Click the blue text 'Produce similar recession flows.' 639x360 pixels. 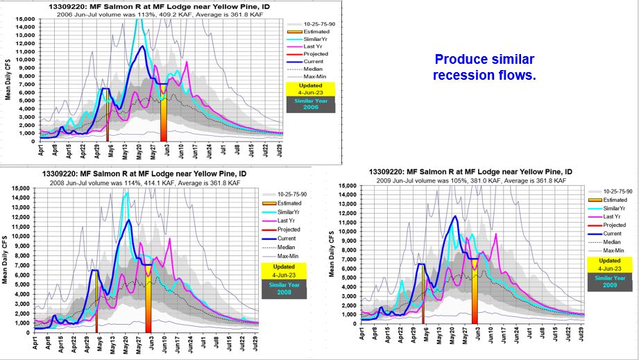pyautogui.click(x=484, y=67)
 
